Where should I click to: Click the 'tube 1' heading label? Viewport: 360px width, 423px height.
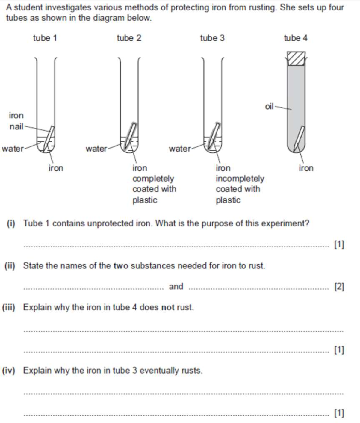(45, 38)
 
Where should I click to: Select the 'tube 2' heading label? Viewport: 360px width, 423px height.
(129, 38)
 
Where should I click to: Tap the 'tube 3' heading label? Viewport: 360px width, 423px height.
(212, 38)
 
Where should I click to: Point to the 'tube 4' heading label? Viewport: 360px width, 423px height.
(295, 38)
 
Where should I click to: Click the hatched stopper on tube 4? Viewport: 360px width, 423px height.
(296, 58)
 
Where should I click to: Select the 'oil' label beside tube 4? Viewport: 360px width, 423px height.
(269, 106)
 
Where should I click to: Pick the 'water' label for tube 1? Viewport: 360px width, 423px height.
(13, 149)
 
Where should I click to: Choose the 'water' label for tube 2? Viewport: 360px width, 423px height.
(96, 149)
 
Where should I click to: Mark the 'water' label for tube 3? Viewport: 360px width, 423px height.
(180, 149)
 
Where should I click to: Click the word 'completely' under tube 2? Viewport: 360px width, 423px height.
(153, 179)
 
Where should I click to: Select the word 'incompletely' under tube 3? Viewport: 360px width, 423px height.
(240, 179)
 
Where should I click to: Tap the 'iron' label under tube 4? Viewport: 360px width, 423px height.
(306, 168)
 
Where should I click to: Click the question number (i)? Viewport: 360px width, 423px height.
(11, 223)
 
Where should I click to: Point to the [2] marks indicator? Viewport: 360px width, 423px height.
(339, 287)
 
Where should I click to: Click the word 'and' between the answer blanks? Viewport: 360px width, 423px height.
(176, 286)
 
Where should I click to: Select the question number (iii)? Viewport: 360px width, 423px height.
(9, 307)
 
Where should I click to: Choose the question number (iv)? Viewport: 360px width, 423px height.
(9, 371)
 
